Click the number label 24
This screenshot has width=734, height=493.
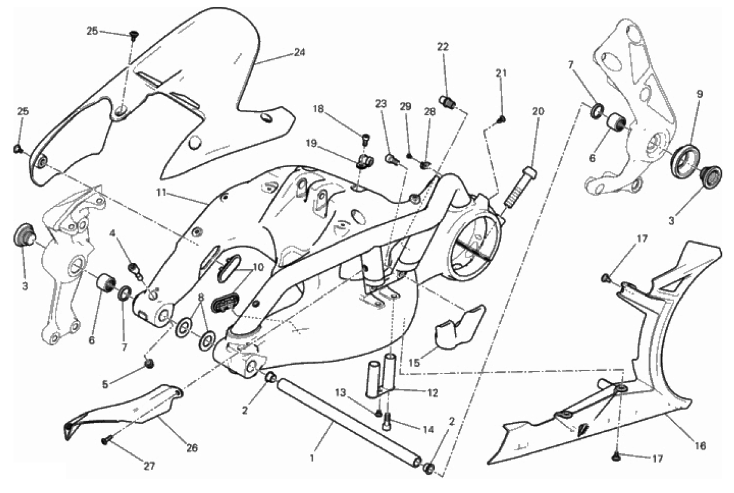[x=299, y=52]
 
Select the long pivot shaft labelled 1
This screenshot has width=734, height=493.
[x=349, y=422]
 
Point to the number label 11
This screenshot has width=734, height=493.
[x=161, y=192]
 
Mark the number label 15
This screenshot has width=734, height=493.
[x=414, y=362]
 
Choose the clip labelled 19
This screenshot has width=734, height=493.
[x=364, y=161]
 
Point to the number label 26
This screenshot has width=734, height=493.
[x=192, y=448]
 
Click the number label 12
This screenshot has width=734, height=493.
[x=432, y=392]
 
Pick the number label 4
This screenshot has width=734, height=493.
[x=112, y=233]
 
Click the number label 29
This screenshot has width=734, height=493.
[x=405, y=106]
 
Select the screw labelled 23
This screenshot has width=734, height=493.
[x=391, y=159]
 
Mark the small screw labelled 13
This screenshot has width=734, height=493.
[x=379, y=414]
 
